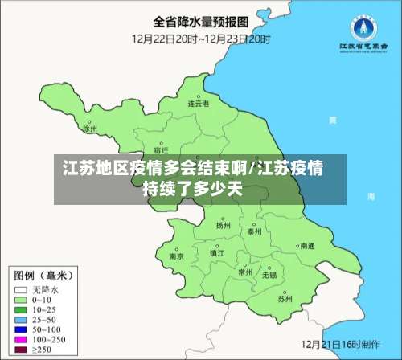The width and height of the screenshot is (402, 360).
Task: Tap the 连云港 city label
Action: click(x=199, y=104)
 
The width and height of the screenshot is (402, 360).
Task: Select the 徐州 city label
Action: click(x=90, y=128)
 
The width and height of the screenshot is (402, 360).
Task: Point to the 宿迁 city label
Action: click(x=160, y=149)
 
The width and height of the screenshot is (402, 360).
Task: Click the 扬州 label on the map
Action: click(x=223, y=226)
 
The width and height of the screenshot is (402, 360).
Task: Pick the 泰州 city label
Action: click(x=256, y=231)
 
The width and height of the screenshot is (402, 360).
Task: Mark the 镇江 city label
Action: click(x=217, y=252)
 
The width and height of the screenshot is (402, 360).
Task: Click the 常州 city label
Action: click(x=246, y=272)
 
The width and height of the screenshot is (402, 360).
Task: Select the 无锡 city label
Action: click(x=269, y=274)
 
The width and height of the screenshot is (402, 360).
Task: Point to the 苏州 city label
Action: click(x=285, y=298)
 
